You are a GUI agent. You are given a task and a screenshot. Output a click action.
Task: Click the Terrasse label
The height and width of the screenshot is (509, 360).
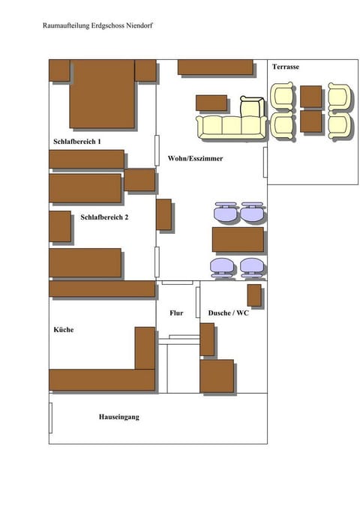coord(286,67)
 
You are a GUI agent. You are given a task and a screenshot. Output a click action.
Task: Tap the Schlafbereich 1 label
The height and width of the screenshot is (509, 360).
coord(77,141)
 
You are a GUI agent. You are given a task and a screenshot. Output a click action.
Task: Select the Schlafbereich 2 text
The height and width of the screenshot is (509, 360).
coord(104,217)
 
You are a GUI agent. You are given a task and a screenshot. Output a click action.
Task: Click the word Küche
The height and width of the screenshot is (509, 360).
coord(63,330)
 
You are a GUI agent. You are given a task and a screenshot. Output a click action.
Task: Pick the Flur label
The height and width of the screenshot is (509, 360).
coord(176,313)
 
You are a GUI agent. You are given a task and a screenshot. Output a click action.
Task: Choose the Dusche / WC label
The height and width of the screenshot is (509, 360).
coord(228,313)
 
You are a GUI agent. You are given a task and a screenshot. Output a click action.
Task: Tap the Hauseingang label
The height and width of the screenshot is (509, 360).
coord(119,417)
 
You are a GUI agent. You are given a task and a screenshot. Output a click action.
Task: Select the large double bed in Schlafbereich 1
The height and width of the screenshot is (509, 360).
coord(102,94)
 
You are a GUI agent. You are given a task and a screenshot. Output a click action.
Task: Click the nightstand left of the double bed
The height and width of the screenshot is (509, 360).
coord(59,70)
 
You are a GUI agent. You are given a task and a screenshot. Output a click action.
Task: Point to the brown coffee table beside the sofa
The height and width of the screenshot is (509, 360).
coord(211,103)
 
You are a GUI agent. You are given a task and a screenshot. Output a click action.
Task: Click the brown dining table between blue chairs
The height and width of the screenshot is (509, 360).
coord(238,239)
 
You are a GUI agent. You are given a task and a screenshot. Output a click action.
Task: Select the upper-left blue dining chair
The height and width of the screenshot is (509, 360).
coord(224,212)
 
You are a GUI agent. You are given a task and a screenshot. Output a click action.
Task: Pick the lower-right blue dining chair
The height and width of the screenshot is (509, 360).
coord(252,267)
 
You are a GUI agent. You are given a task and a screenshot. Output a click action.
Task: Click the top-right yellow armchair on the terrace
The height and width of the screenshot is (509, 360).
coord(339,97)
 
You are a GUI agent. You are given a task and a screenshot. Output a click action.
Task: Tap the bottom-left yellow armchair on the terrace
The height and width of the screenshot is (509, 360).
coord(283,124)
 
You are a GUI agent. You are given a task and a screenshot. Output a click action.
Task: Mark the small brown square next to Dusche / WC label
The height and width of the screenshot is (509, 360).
coord(254,295)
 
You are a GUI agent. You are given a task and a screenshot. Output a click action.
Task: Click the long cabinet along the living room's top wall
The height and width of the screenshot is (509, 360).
coord(215,67)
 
